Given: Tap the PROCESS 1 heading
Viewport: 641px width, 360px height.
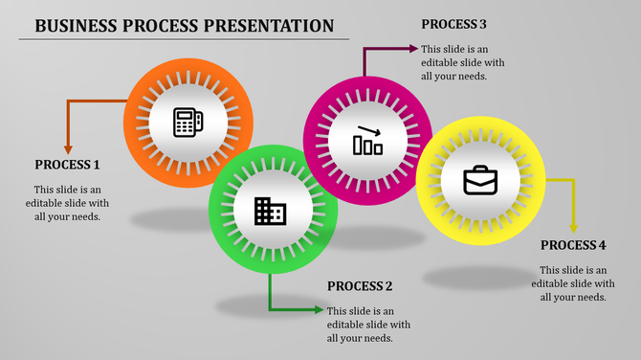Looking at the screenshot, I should [x=67, y=164].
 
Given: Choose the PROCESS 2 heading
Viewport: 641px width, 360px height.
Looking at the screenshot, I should [x=360, y=285].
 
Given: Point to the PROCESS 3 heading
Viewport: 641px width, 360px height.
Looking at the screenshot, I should [x=454, y=23].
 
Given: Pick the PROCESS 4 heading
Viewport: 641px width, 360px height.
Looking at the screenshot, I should [x=573, y=245].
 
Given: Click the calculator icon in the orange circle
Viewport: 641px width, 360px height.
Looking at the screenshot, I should [x=188, y=122].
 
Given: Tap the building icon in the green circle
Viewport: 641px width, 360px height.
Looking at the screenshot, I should [x=270, y=211].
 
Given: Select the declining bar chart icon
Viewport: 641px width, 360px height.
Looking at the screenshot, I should [x=368, y=141].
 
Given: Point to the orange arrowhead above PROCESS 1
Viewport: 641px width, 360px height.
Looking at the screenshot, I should [x=68, y=147].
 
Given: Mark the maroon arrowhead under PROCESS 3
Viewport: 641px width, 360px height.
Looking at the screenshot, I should [x=412, y=48].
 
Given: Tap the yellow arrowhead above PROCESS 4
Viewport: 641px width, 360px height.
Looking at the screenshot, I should [x=573, y=227].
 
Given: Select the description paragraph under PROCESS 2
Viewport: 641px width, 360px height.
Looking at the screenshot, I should [x=360, y=324].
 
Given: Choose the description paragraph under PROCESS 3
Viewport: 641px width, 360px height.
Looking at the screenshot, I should [x=455, y=62].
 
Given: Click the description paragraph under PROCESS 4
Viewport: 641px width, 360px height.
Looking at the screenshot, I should [x=573, y=283].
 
